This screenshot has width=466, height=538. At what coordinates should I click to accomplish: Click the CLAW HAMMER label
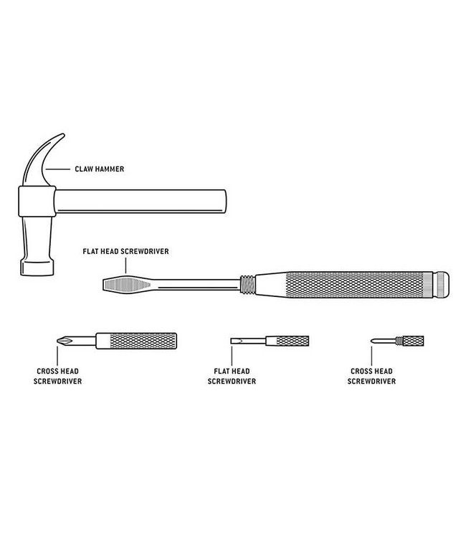pos(100,169)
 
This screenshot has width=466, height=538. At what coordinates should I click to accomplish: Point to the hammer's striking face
pos(37,268)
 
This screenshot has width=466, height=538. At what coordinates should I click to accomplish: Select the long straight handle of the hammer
pos(141,202)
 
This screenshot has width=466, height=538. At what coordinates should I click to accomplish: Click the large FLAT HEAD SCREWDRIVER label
pos(126,251)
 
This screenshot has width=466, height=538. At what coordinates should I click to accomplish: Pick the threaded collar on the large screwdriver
pos(247,285)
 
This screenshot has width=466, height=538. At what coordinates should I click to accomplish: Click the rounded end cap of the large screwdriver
pos(441,285)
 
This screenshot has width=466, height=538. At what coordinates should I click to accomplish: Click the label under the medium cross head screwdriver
pos(57,376)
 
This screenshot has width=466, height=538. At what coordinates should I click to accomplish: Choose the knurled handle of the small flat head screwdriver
pos(293,341)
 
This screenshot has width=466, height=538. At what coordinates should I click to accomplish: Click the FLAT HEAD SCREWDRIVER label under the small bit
pos(232,376)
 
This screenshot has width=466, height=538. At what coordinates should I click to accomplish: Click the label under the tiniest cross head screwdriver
pos(371,376)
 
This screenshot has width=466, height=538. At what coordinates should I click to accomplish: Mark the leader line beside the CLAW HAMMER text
pos(57,169)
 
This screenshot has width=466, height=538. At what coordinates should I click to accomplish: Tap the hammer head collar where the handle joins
pos(37,202)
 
